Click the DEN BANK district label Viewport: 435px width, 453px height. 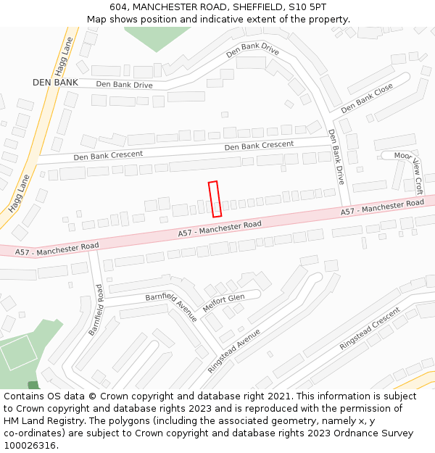click(55, 83)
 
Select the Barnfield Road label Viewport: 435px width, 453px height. click(96, 309)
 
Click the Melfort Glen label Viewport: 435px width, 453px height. click(223, 302)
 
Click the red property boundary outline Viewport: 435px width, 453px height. click(215, 199)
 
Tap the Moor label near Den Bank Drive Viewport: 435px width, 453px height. click(403, 156)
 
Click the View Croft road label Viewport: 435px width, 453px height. click(418, 178)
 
